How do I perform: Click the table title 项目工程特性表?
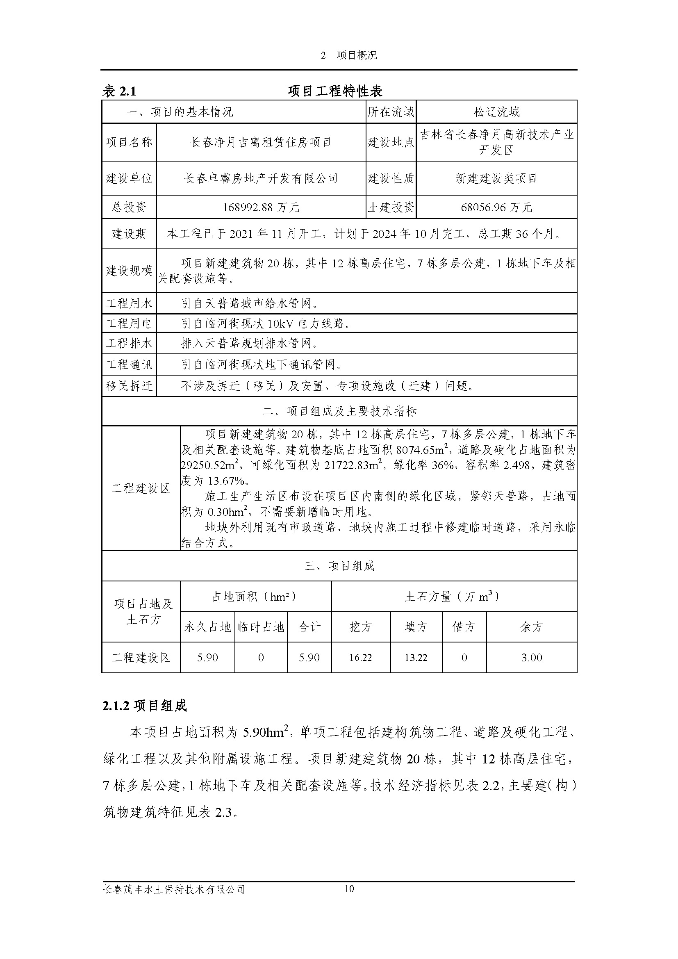[x=335, y=91]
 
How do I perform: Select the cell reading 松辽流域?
[x=496, y=112]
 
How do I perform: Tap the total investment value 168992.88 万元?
[x=261, y=207]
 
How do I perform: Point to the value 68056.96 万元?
[x=496, y=207]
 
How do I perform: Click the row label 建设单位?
[x=129, y=179]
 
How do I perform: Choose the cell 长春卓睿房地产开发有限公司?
[x=261, y=179]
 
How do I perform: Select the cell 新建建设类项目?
[x=496, y=179]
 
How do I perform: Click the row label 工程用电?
[x=129, y=323]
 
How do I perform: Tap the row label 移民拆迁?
[x=129, y=385]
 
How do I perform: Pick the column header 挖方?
[x=361, y=626]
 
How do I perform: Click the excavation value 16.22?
[x=361, y=657]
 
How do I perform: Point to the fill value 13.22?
[x=416, y=657]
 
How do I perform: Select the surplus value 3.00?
[x=532, y=657]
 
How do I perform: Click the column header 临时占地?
[x=261, y=626]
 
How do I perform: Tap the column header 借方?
[x=464, y=626]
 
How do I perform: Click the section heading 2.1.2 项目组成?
[x=144, y=706]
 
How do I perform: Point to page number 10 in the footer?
[x=349, y=900]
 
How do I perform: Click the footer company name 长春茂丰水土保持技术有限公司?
[x=174, y=901]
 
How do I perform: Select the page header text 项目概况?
[x=357, y=55]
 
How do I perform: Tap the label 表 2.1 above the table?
[x=119, y=91]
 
